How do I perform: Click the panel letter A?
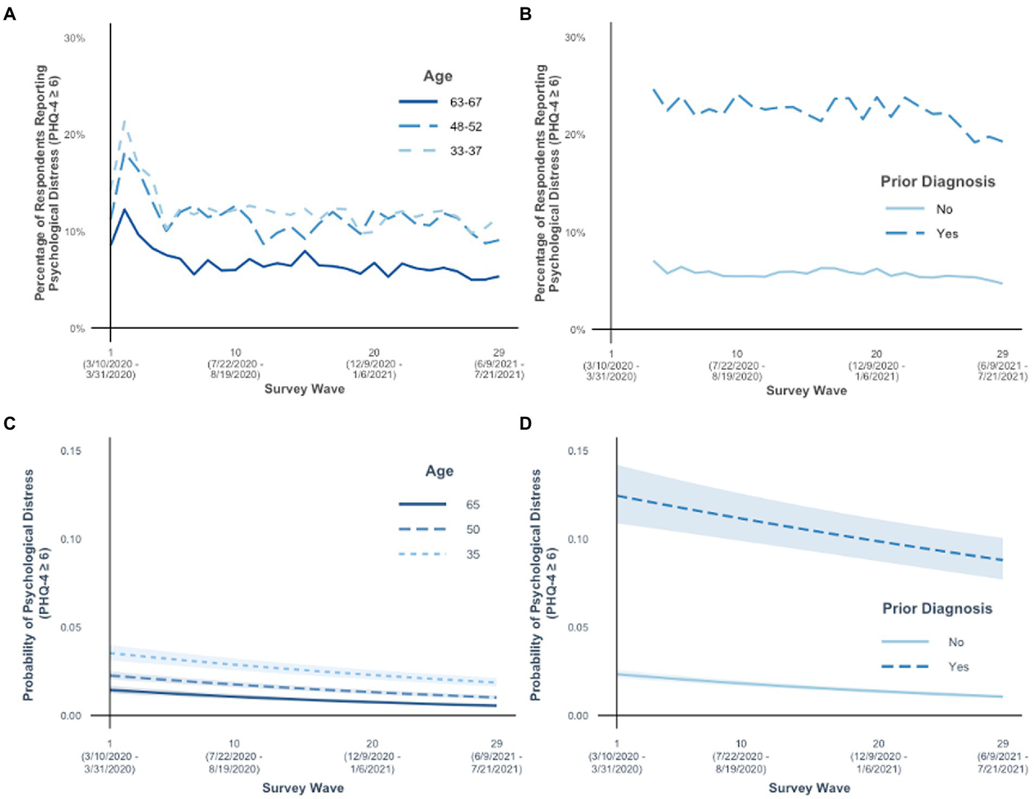(9, 13)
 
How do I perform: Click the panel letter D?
(526, 423)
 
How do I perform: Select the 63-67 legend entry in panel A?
(465, 102)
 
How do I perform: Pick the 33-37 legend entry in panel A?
(465, 151)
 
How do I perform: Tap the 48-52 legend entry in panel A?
(465, 127)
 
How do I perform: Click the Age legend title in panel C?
(439, 471)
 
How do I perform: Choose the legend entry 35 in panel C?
(472, 554)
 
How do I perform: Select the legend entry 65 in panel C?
(472, 505)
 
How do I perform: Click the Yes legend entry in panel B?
(946, 234)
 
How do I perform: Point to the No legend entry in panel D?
(956, 642)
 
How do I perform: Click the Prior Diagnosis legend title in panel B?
(938, 182)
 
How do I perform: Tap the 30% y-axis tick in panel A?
(74, 38)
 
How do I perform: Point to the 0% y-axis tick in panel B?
(577, 329)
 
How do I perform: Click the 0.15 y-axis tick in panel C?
(71, 451)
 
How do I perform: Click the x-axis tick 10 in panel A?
(235, 352)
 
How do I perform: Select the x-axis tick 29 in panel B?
(1002, 353)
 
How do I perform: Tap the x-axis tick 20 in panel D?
(878, 744)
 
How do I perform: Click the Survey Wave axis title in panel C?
(303, 788)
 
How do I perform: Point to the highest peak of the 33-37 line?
(125, 121)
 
